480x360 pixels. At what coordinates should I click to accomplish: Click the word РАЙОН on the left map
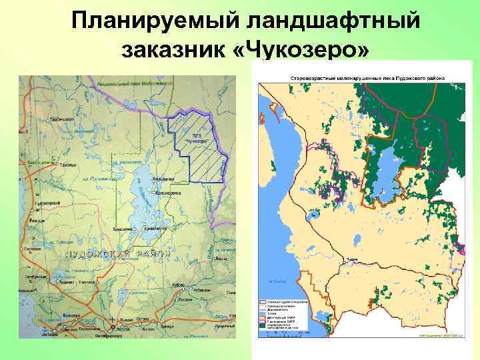click(x=148, y=253)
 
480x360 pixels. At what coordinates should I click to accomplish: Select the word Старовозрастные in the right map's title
click(x=313, y=77)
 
